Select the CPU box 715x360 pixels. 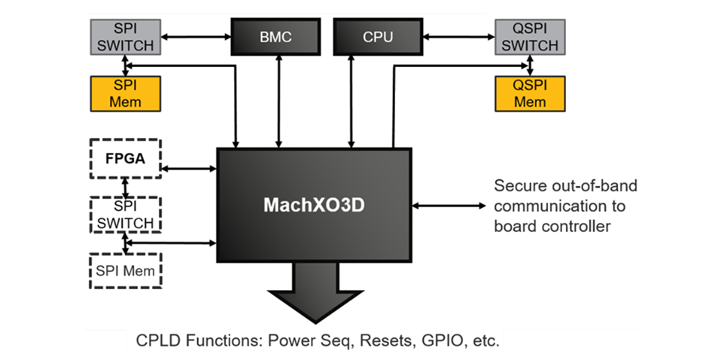coord(377,37)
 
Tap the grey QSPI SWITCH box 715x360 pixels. coord(529,37)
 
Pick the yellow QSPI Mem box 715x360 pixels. coord(529,92)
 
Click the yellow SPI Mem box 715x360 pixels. coord(125,92)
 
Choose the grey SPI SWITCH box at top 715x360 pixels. coord(125,37)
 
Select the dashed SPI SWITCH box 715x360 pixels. coord(126,215)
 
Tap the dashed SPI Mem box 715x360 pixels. coord(126,270)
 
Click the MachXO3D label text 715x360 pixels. coord(313,205)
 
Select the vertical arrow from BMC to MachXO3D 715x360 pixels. coord(278,101)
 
